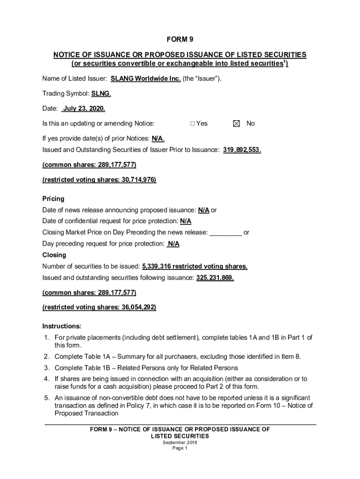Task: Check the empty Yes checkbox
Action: click(193, 123)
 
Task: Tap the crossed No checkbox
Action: click(236, 123)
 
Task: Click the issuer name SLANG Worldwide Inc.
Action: click(145, 79)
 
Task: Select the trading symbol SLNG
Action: click(101, 94)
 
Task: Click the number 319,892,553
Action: click(242, 150)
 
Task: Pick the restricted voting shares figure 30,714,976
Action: click(138, 180)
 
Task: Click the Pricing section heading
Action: click(53, 199)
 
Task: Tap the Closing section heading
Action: click(54, 255)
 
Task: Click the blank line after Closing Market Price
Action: click(225, 232)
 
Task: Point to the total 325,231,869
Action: click(215, 277)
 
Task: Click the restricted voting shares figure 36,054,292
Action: click(138, 307)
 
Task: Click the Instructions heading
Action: click(62, 326)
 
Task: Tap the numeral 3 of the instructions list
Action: click(47, 368)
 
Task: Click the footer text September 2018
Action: click(180, 442)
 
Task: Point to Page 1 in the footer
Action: click(180, 448)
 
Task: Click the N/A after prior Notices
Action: click(158, 139)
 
